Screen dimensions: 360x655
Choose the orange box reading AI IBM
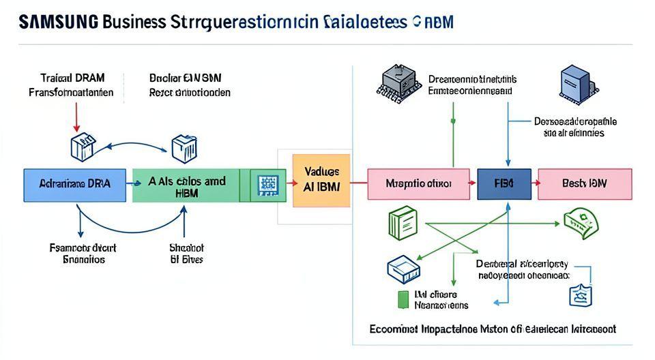321,179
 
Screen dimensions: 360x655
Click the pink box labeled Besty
584,184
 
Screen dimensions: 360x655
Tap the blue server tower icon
574,86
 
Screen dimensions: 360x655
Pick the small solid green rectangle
402,298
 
